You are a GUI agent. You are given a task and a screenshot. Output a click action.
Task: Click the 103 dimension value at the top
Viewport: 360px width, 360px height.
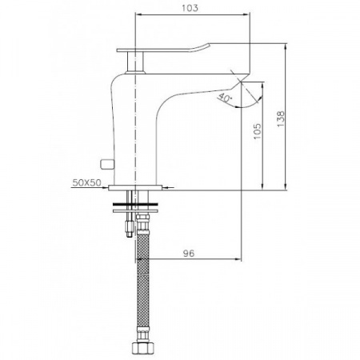click(190, 8)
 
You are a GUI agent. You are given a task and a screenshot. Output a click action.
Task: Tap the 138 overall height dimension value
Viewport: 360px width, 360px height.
click(281, 118)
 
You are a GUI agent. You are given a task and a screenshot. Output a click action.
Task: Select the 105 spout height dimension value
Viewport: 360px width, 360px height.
click(258, 131)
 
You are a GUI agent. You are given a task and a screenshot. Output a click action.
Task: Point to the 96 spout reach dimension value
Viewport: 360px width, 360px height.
click(189, 254)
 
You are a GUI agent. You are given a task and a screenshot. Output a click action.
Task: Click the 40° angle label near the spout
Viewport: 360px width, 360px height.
click(225, 98)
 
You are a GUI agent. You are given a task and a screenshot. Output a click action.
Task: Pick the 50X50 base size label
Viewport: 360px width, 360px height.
click(87, 182)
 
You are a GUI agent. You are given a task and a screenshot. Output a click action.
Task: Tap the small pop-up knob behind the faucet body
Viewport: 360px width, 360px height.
click(106, 164)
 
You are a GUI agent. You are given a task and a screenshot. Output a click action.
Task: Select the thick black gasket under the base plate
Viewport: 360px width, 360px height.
click(135, 205)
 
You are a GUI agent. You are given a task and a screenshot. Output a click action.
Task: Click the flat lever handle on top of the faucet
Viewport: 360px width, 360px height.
click(163, 49)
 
